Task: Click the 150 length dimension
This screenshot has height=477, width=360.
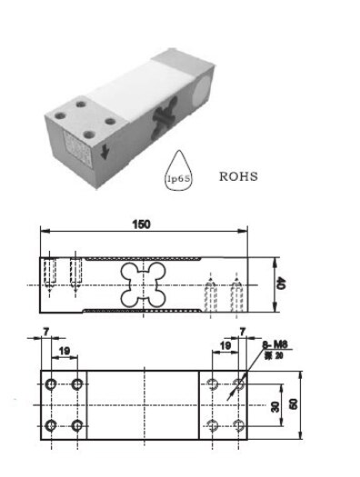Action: [141, 224]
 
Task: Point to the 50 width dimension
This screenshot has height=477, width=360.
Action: [293, 402]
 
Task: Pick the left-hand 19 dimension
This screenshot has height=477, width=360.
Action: [65, 349]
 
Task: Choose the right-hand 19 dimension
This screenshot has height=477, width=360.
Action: [225, 349]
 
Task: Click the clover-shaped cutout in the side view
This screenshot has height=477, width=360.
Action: [143, 285]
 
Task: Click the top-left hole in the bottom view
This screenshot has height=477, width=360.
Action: [52, 382]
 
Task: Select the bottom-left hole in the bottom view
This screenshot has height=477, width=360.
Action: [52, 424]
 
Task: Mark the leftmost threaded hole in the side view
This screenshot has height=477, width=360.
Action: [51, 273]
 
